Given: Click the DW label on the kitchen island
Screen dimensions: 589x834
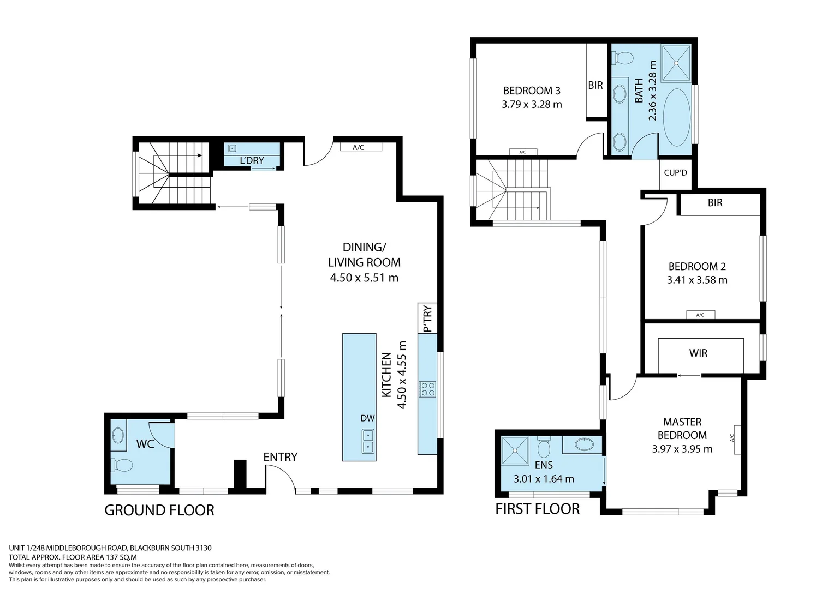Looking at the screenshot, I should point(367,418).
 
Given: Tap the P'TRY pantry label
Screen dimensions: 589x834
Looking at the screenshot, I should point(427,318).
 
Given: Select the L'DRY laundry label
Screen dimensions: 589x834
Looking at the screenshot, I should point(252,160).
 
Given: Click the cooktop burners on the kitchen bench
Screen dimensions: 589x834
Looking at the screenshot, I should point(427,389).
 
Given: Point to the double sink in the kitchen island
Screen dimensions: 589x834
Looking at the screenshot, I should point(368,441).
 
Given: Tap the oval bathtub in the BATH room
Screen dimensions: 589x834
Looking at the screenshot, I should point(677,117).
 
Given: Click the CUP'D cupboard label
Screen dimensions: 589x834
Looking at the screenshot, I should point(675,173).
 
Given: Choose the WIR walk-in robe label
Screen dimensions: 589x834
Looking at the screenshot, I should point(698,353).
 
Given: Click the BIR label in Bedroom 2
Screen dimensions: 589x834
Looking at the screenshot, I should point(715,203).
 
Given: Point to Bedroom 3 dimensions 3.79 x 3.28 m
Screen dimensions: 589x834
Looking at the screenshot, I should point(532,104).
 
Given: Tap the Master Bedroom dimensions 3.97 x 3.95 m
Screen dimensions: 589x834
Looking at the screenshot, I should point(682,449).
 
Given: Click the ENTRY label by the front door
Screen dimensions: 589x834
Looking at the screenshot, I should point(280,457).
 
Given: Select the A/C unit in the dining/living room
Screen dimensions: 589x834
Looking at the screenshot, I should point(359,147).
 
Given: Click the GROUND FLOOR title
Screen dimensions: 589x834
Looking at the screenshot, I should point(159,510).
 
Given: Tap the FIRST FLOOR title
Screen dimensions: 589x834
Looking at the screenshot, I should point(538,509).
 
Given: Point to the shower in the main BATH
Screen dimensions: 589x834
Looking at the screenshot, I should point(676,63).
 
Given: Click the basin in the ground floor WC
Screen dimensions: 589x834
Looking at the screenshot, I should point(118,435).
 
